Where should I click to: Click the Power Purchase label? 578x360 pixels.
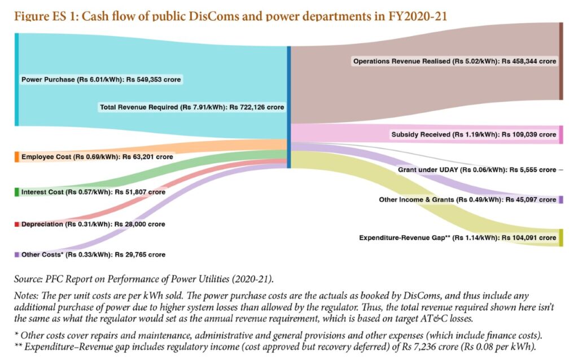(x=101, y=80)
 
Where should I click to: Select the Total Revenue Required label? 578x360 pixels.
(x=192, y=107)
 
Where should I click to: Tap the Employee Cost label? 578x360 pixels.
(x=97, y=156)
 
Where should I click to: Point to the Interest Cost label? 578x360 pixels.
(x=93, y=192)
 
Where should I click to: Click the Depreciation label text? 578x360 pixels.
(x=93, y=225)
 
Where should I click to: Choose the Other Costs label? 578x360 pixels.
(x=93, y=255)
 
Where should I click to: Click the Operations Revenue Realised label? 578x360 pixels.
(x=454, y=61)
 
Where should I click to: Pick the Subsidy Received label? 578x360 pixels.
(x=473, y=135)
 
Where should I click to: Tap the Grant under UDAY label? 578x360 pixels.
(x=476, y=170)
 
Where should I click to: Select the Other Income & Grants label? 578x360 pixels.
(x=467, y=200)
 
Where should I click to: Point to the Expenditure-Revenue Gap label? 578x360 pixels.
(x=457, y=238)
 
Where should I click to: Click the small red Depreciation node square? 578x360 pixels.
(x=16, y=225)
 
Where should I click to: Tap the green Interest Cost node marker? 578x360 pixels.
(x=16, y=192)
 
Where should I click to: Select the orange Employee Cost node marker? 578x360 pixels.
(x=16, y=157)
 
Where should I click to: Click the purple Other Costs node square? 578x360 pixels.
(x=16, y=255)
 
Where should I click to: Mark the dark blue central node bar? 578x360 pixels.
(x=288, y=107)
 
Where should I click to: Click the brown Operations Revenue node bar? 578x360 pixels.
(x=561, y=61)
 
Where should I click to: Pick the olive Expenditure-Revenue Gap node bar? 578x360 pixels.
(x=561, y=238)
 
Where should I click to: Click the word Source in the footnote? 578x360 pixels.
(x=28, y=279)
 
